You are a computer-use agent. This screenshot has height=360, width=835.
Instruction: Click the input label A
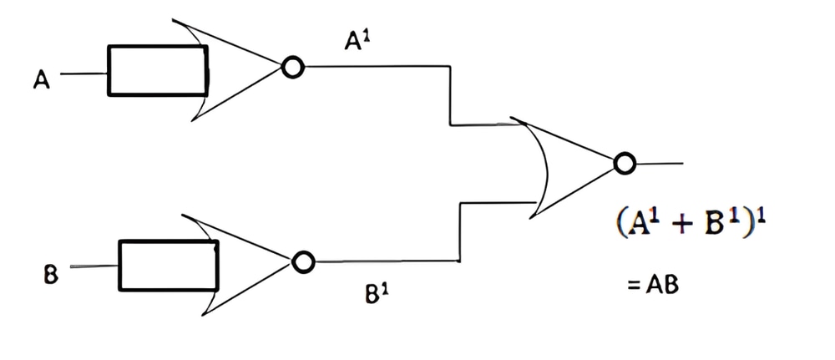(x=42, y=80)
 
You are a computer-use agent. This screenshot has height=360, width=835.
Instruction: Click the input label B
(x=50, y=276)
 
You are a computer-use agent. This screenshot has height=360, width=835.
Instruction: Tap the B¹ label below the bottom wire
(x=377, y=293)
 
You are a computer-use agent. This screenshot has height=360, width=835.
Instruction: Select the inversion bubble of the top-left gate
(x=292, y=68)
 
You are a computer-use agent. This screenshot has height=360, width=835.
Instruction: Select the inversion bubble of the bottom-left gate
(x=303, y=261)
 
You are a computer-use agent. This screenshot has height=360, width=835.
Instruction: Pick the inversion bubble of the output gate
(x=624, y=163)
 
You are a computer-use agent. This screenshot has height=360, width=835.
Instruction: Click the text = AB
(x=653, y=286)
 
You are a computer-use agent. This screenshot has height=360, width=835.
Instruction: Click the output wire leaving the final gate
(x=660, y=163)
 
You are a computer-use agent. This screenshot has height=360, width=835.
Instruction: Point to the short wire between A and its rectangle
(x=84, y=74)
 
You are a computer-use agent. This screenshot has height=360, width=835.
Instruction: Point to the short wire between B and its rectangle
(x=94, y=266)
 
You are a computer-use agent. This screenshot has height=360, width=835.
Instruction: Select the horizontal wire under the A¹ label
(x=377, y=67)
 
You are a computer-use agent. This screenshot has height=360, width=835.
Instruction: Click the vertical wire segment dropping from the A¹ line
(x=450, y=96)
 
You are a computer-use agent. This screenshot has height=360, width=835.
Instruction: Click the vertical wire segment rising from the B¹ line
(x=459, y=231)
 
